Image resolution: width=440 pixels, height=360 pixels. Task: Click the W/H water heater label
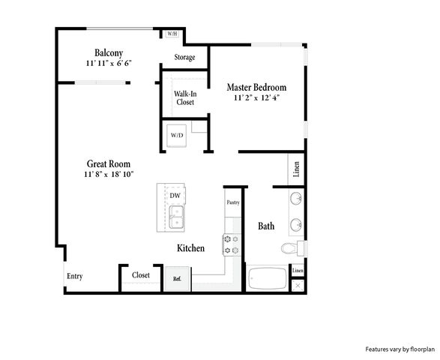172,34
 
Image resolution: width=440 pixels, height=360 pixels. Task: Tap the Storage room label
184,57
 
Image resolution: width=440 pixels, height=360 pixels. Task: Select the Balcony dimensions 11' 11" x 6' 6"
109,63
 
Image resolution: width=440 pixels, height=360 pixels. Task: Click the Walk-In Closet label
185,97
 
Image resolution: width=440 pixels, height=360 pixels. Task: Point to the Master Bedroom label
256,87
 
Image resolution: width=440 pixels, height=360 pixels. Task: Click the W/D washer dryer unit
176,136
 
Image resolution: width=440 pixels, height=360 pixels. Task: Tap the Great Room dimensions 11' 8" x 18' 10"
109,175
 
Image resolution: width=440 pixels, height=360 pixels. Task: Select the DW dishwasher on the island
175,195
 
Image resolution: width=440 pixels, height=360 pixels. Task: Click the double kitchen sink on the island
176,217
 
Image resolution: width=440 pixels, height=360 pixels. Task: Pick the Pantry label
233,202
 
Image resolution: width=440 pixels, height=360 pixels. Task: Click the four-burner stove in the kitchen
232,244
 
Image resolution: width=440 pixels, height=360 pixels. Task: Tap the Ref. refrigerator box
177,279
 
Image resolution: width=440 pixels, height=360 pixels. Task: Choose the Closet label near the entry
141,275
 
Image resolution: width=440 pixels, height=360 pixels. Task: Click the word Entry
75,276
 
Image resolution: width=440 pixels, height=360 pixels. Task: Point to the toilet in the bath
294,248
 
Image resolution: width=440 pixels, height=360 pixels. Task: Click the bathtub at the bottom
268,278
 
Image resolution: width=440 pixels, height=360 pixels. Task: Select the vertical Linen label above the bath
296,169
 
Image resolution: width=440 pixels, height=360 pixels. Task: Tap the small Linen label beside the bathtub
298,271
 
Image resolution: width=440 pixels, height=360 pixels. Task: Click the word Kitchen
191,248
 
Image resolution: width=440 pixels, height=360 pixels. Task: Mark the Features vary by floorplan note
400,349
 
